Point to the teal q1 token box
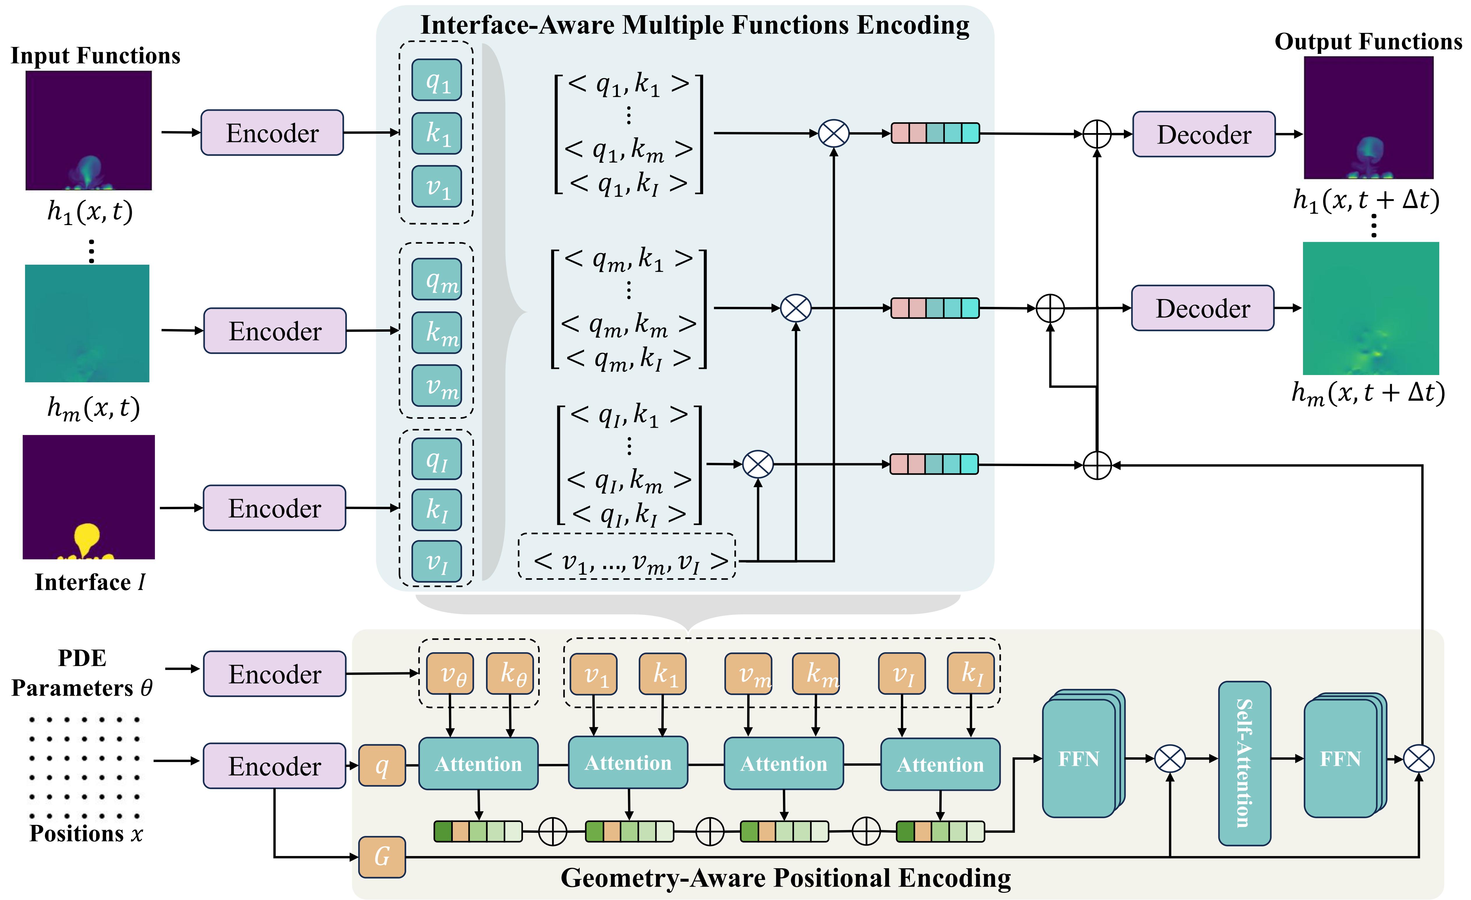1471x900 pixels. (436, 80)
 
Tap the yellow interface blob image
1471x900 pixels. (88, 497)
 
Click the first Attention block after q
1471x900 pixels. (478, 764)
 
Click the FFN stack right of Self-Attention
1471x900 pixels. (1343, 758)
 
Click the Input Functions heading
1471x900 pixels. (96, 56)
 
